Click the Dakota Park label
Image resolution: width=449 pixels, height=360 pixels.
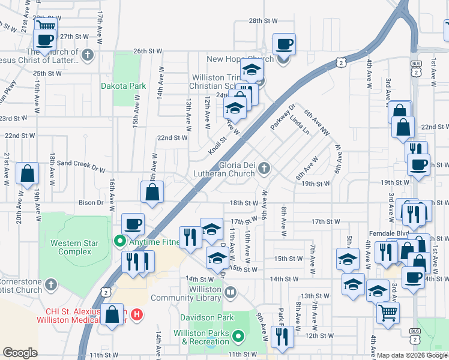point(123,86)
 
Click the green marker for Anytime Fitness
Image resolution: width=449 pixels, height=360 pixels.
point(119,242)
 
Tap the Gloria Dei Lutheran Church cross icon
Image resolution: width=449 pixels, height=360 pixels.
point(265,169)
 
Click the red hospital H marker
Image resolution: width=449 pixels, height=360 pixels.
point(137,313)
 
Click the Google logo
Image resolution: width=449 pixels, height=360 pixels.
point(20,353)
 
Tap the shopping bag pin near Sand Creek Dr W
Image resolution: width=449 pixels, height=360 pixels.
point(28,174)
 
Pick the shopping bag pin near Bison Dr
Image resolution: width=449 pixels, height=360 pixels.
point(152,193)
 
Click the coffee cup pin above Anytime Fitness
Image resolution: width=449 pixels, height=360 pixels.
point(133,224)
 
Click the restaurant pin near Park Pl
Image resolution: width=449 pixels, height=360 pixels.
point(282,337)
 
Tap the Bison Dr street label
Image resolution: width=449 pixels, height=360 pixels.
point(91,203)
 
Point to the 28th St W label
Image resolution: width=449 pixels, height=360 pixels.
point(264,20)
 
